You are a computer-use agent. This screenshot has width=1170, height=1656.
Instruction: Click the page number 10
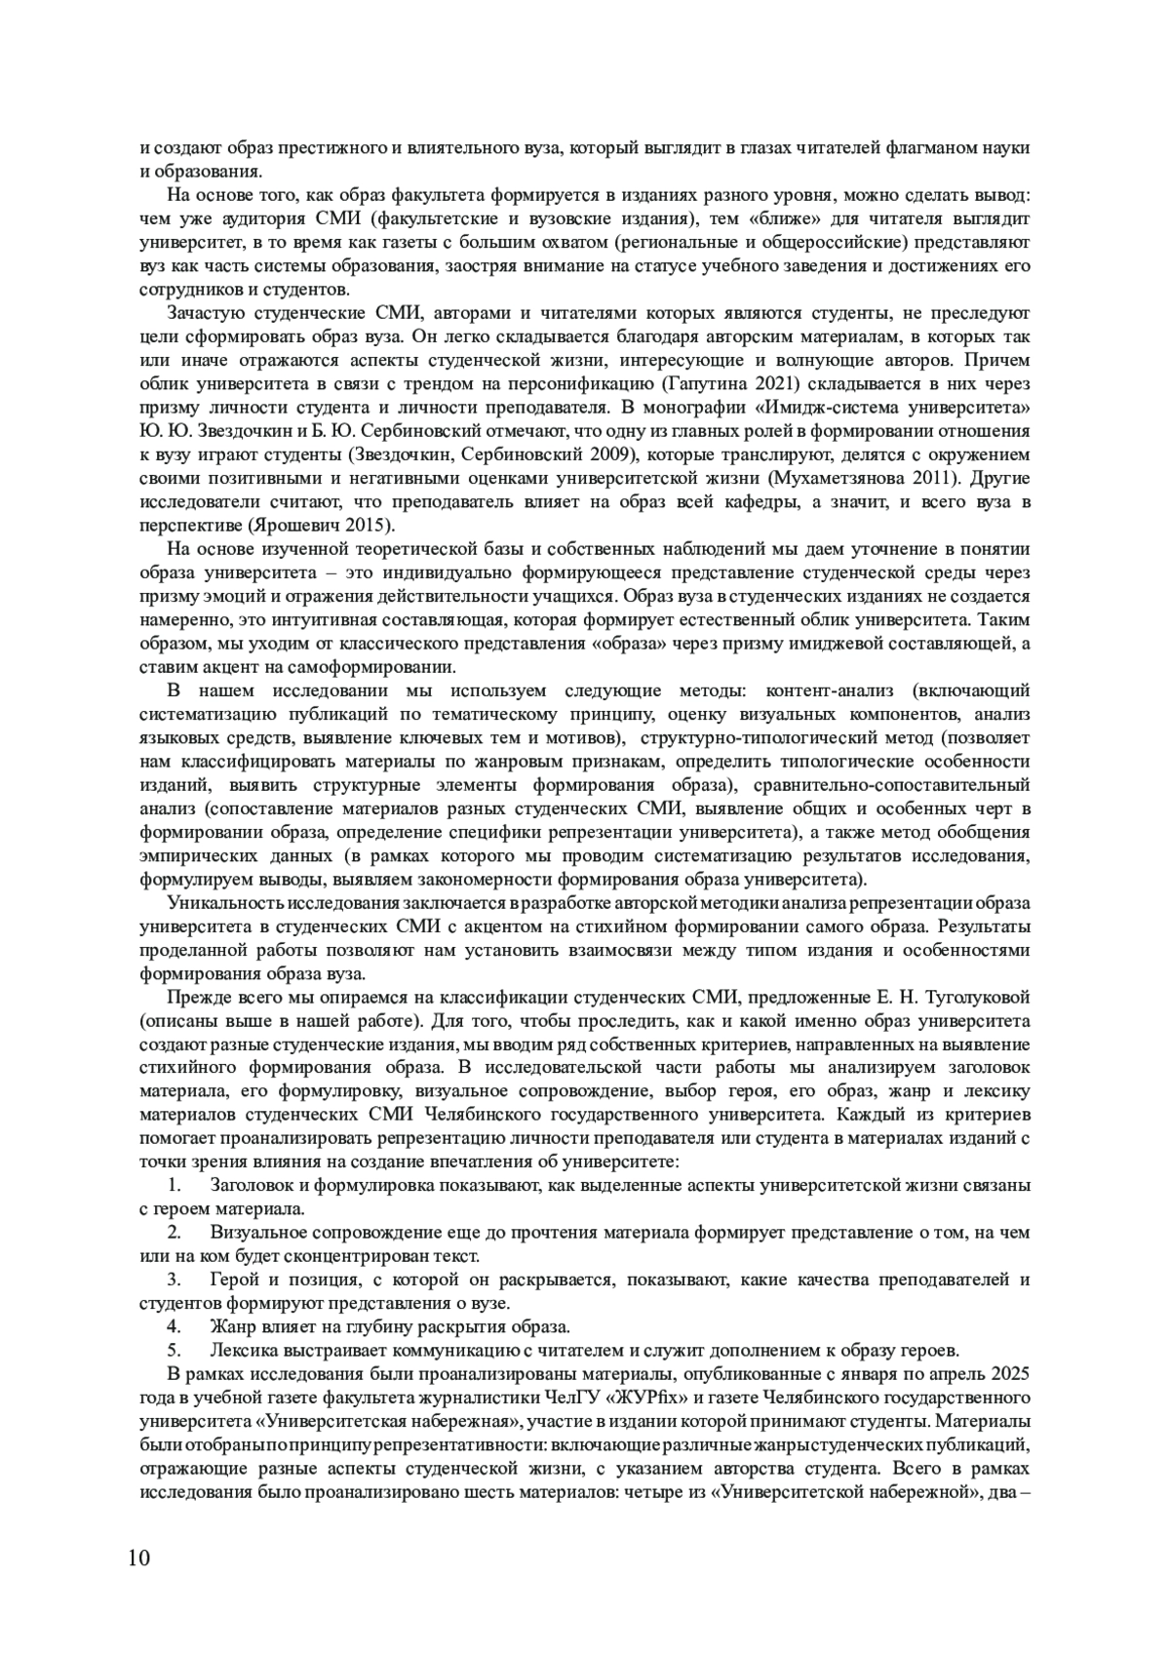click(138, 1557)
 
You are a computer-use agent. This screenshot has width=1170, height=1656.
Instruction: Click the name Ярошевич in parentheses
click(295, 527)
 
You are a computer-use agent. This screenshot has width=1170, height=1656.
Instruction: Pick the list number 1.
click(175, 1186)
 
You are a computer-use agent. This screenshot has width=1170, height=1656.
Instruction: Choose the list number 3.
click(175, 1281)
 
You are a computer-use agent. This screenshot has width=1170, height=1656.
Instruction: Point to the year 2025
click(1009, 1375)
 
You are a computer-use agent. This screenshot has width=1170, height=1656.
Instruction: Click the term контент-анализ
click(820, 691)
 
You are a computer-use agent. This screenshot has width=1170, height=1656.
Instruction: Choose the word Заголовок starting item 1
click(252, 1186)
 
